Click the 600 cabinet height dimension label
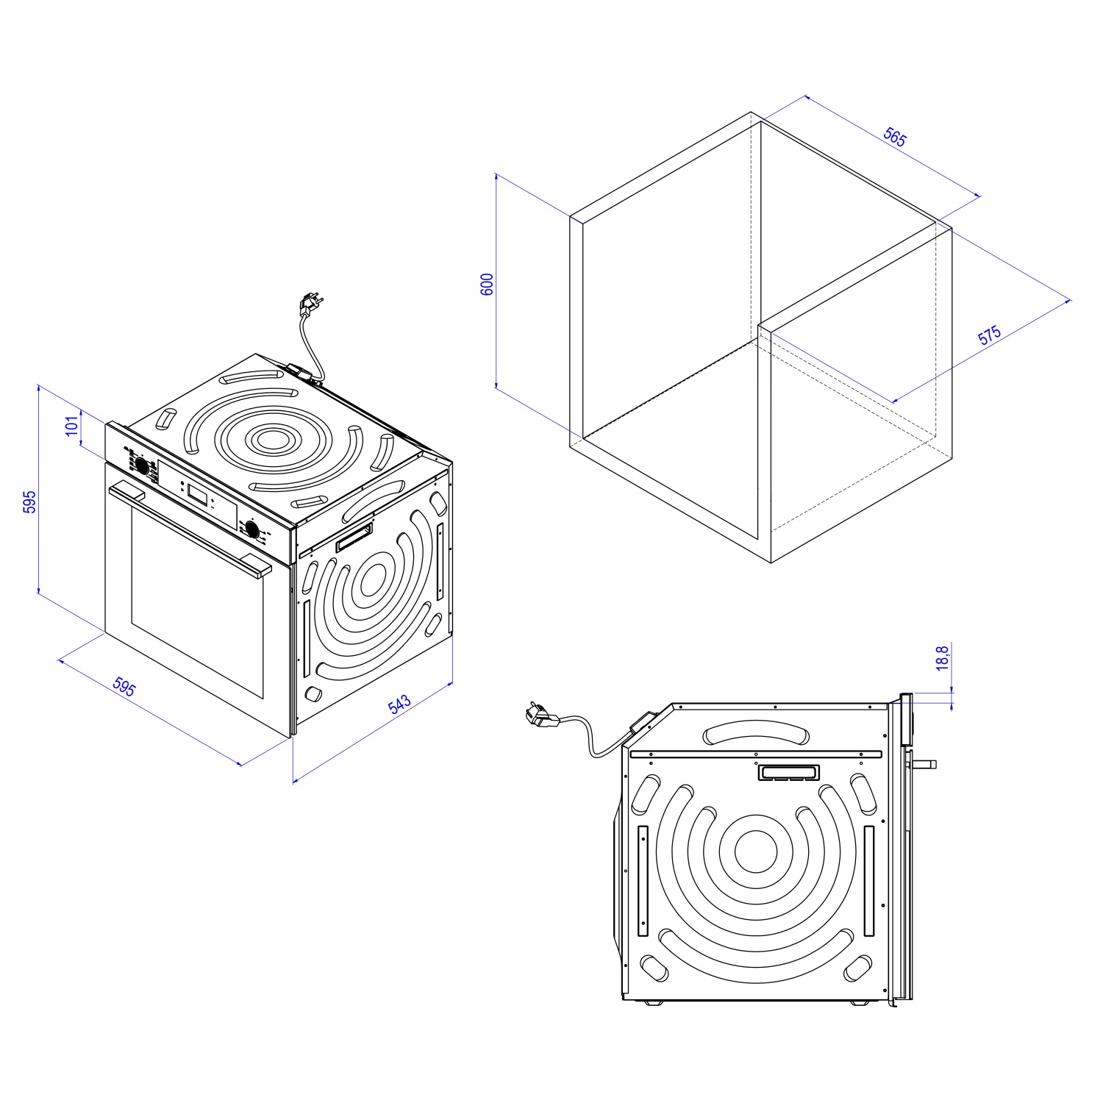[487, 284]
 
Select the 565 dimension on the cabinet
[895, 138]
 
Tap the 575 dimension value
[990, 335]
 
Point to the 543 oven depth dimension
[399, 704]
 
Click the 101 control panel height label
[72, 426]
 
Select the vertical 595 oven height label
[29, 501]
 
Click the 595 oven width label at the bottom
[124, 686]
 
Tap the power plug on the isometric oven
[310, 303]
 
